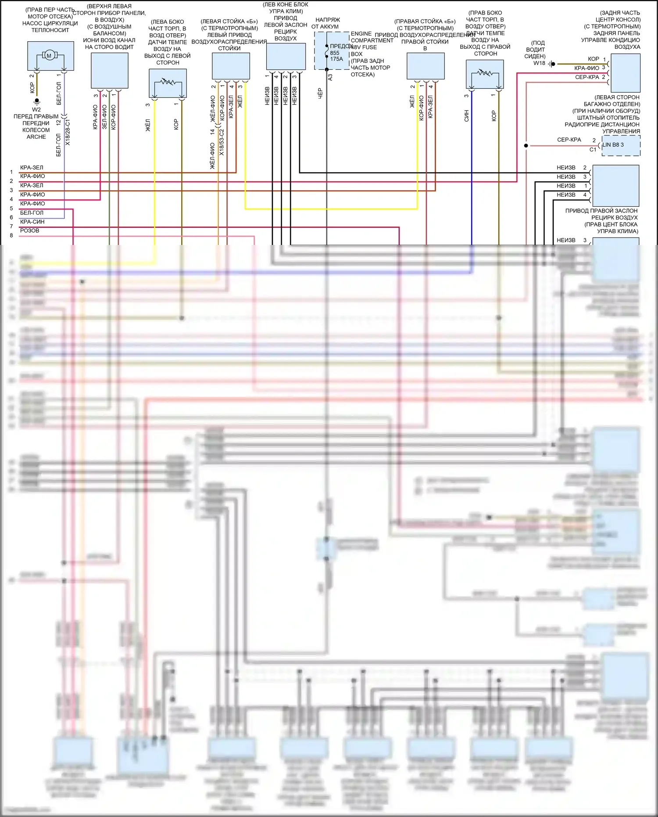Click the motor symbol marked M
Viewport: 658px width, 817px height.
(49, 55)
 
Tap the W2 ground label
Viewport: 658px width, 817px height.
(36, 110)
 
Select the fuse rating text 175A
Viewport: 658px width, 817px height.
(336, 59)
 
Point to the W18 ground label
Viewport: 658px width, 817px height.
(539, 63)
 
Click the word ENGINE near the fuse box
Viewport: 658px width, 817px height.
(361, 34)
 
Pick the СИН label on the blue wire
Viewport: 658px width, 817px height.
(466, 115)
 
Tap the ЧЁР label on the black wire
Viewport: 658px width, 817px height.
(320, 93)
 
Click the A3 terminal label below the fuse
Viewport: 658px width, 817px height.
(330, 77)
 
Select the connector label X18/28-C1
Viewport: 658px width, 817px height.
(68, 132)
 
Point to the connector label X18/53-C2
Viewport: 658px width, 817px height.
(222, 142)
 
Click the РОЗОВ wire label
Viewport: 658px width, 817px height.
(29, 230)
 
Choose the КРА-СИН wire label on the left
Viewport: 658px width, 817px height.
(32, 222)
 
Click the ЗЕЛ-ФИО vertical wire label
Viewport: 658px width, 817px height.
(104, 117)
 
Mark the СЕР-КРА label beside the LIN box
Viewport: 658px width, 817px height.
(569, 140)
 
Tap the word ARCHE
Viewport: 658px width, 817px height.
(36, 137)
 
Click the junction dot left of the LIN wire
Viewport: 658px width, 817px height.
(526, 145)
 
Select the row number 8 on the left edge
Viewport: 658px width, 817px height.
(11, 236)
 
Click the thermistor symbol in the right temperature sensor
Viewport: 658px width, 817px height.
(485, 73)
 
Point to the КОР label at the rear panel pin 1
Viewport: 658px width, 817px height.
(593, 59)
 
